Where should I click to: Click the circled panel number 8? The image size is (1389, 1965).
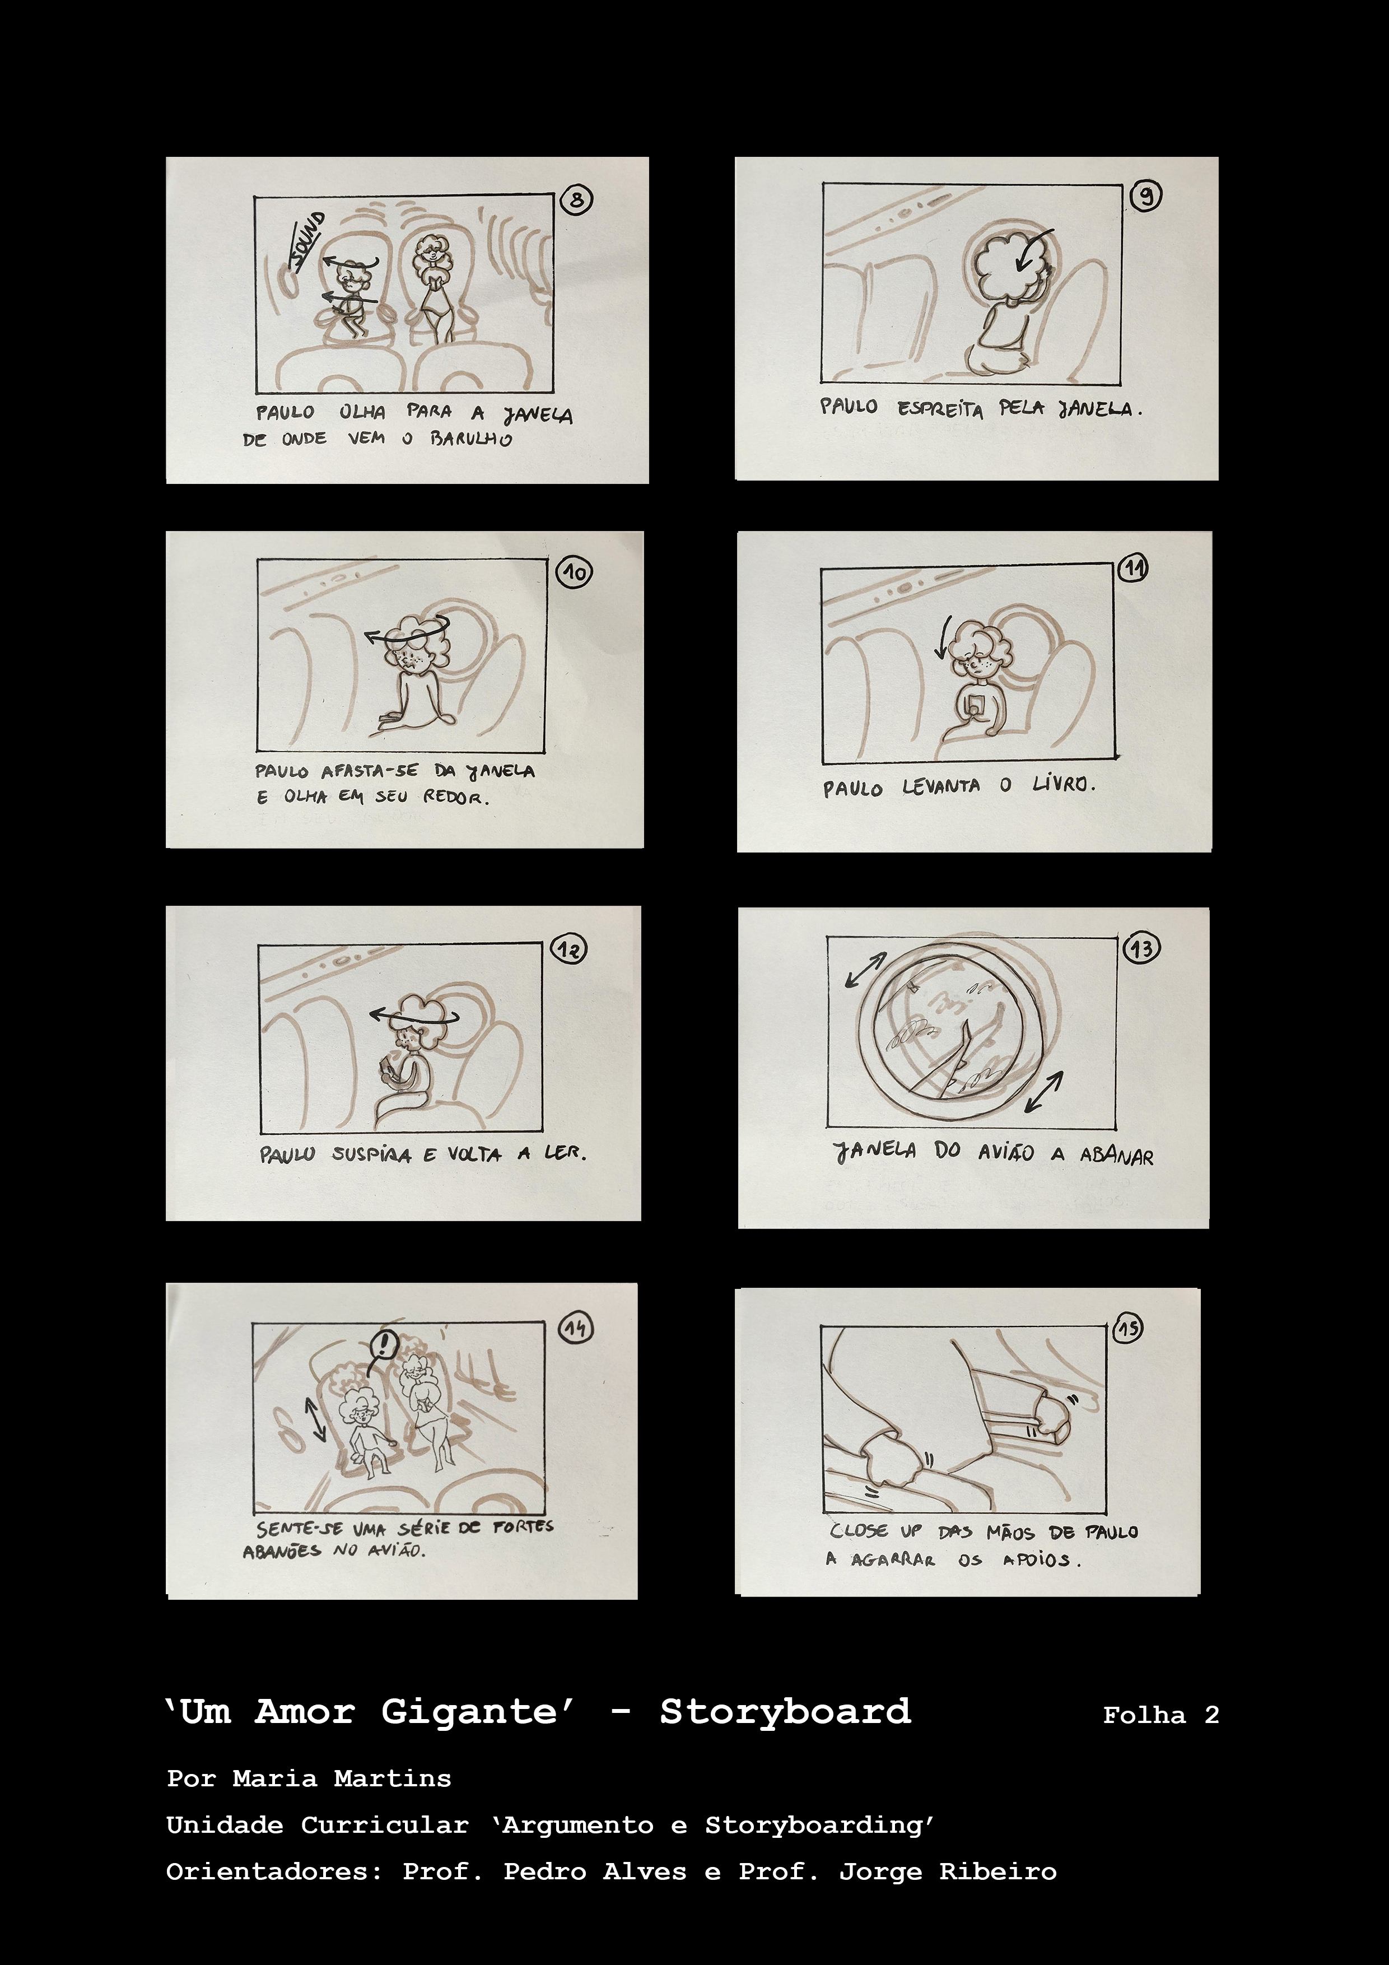[577, 201]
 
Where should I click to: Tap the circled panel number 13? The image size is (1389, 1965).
[1141, 948]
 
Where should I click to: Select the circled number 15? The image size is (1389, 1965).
[1129, 1328]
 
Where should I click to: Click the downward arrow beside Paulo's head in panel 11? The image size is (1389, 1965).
[943, 637]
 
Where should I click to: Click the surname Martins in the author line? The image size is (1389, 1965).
[392, 1778]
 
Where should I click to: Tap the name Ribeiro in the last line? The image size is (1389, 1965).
[998, 1871]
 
